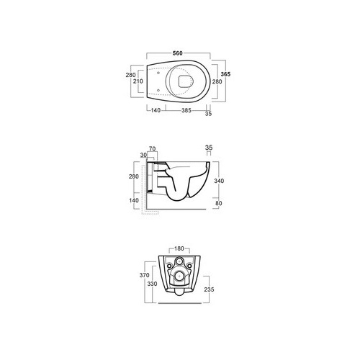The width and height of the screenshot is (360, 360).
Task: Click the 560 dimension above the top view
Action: (x=178, y=53)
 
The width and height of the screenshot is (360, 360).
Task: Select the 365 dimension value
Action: (x=225, y=74)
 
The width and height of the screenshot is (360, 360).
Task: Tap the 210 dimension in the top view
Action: (x=138, y=81)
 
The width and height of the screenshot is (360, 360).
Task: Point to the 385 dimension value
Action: (x=186, y=110)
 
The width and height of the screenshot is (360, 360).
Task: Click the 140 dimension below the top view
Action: (x=156, y=110)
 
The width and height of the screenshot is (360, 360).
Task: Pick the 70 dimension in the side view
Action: (x=153, y=149)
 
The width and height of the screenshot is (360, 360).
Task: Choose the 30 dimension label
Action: (x=143, y=156)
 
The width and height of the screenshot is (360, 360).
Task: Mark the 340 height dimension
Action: (x=219, y=181)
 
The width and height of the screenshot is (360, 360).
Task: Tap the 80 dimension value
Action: (x=219, y=203)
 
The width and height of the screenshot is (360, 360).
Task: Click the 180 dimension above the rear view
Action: (x=179, y=248)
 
